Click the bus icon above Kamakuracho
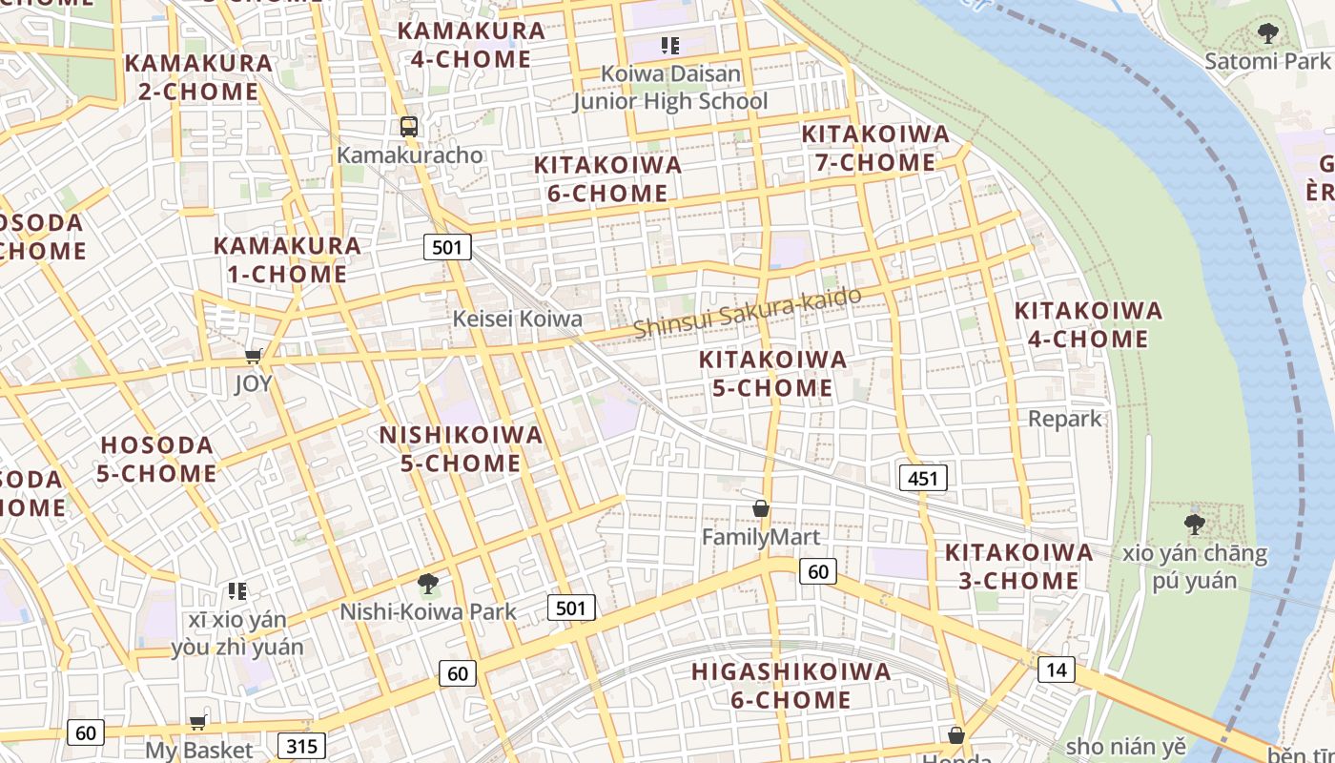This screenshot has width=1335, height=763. click(x=409, y=126)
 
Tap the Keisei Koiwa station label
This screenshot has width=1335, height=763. click(x=517, y=319)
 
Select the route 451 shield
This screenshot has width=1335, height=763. click(x=923, y=478)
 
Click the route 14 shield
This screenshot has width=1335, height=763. click(x=1057, y=670)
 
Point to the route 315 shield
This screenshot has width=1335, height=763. click(x=302, y=746)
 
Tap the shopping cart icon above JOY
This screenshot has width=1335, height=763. click(x=254, y=357)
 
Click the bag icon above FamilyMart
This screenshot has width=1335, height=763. click(x=761, y=508)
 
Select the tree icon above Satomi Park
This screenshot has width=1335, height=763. click(x=1267, y=33)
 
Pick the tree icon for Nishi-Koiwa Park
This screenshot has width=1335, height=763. click(x=428, y=583)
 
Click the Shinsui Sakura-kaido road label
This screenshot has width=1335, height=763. click(x=747, y=312)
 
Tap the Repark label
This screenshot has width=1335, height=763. click(x=1064, y=419)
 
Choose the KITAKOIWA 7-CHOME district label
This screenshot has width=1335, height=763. click(x=875, y=148)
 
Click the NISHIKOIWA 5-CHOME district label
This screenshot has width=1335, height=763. click(x=461, y=449)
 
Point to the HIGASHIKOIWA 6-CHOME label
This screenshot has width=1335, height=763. click(x=791, y=685)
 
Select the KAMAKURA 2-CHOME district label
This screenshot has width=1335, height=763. click(x=198, y=77)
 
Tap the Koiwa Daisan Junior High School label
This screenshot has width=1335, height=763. click(x=670, y=87)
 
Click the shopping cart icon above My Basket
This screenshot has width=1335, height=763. click(x=198, y=722)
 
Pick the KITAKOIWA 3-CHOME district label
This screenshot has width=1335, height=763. click(x=1018, y=567)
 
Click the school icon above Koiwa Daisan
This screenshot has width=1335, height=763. click(x=669, y=45)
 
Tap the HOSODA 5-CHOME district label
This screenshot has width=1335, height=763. click(x=157, y=459)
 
